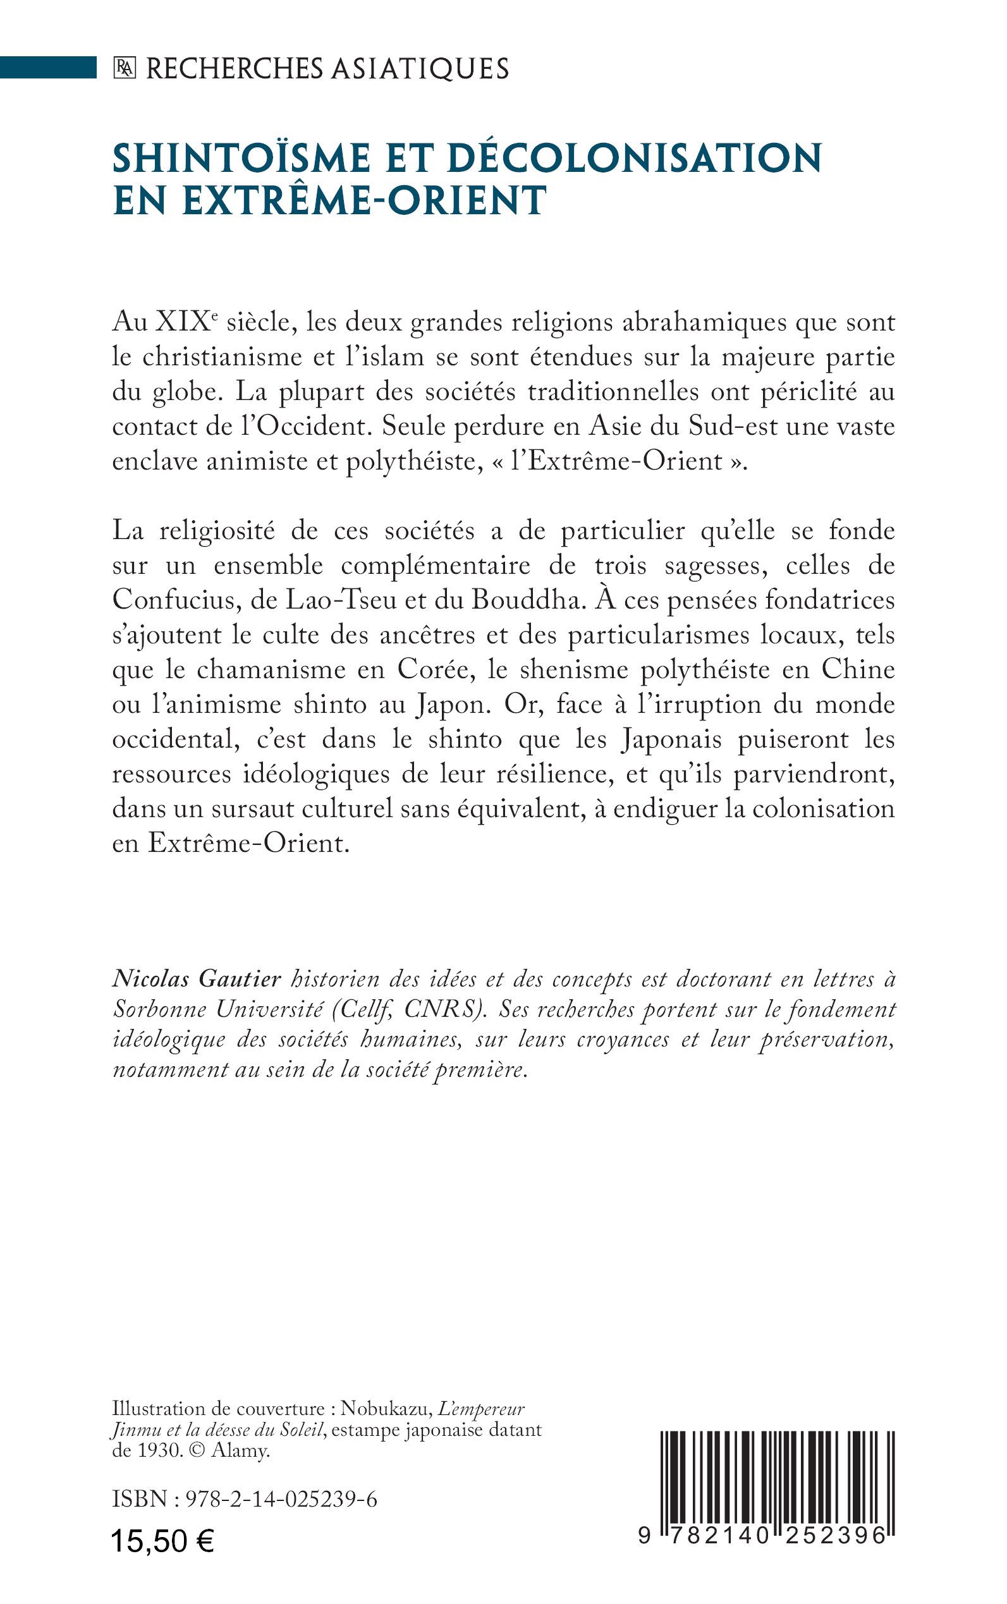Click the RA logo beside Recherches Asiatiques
click(124, 69)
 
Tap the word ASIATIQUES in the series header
click(420, 69)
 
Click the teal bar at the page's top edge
click(48, 68)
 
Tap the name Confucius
click(175, 600)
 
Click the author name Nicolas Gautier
click(197, 979)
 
